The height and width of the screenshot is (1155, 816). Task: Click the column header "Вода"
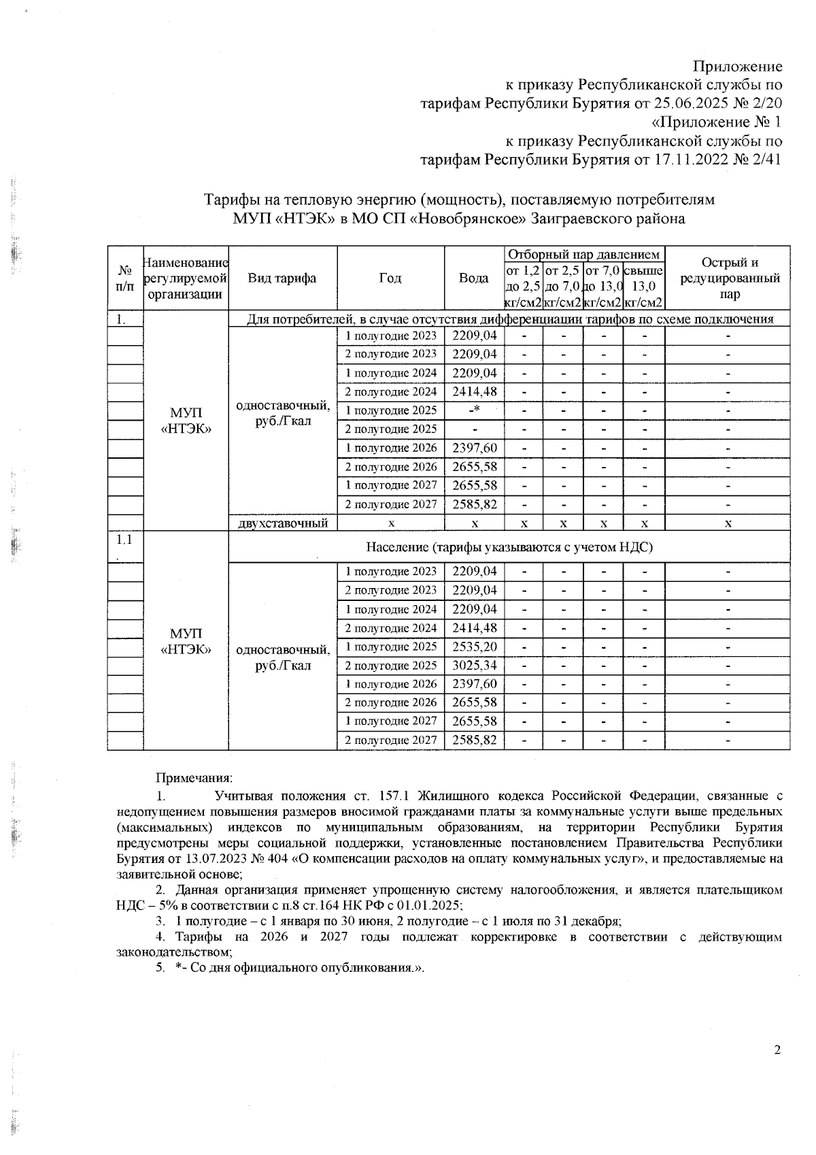click(x=473, y=278)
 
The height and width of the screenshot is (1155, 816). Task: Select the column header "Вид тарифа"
click(x=282, y=278)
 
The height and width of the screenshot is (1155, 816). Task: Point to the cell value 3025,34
click(x=474, y=666)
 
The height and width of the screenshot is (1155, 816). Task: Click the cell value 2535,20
click(x=474, y=647)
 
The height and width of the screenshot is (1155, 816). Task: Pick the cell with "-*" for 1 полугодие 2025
click(x=475, y=410)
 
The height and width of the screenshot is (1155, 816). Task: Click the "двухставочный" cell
click(x=283, y=523)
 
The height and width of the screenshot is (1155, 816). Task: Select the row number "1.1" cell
click(x=124, y=540)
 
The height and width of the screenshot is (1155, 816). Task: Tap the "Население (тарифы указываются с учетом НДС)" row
click(x=509, y=547)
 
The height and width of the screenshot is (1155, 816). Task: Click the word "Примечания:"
click(x=194, y=777)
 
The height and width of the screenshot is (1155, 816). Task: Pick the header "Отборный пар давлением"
click(x=584, y=255)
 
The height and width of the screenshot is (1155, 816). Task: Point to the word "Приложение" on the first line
click(x=737, y=67)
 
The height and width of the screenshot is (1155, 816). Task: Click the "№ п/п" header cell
click(x=124, y=278)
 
